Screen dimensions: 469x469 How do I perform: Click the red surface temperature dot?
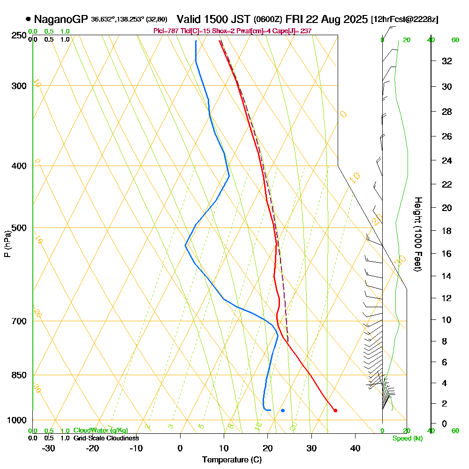pyautogui.click(x=335, y=410)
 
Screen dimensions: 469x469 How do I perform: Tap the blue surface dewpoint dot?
pyautogui.click(x=283, y=410)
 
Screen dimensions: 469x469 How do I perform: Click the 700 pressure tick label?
pyautogui.click(x=19, y=321)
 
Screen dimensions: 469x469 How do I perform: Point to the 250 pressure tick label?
pyautogui.click(x=19, y=35)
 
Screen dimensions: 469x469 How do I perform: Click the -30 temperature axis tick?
pyautogui.click(x=49, y=448)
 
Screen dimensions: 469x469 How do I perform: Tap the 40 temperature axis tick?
pyautogui.click(x=355, y=448)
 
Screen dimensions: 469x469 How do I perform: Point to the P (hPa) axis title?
pyautogui.click(x=7, y=244)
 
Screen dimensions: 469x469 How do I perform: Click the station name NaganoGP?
pyautogui.click(x=61, y=20)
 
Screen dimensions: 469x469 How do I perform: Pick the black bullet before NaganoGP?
pyautogui.click(x=29, y=20)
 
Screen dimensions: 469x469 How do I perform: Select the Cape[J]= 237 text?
pyautogui.click(x=294, y=31)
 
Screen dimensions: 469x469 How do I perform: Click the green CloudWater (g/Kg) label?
pyautogui.click(x=100, y=431)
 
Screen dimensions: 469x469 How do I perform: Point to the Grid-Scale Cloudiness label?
pyautogui.click(x=106, y=438)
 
